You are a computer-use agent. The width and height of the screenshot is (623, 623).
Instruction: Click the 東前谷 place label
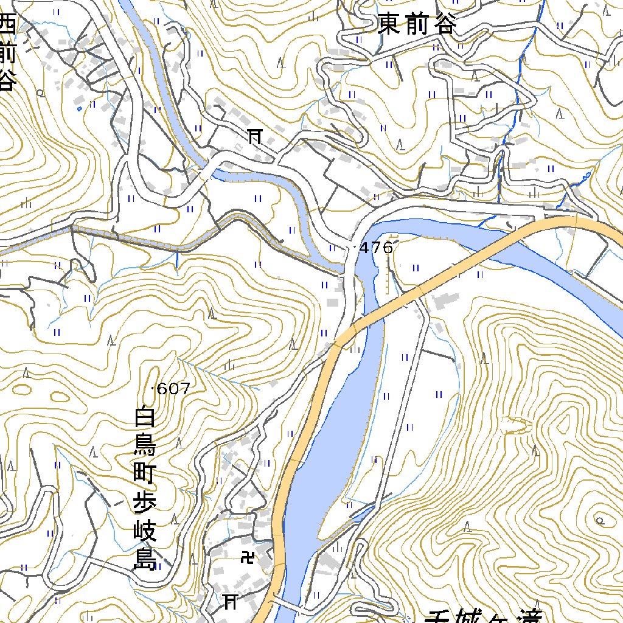coord(417,26)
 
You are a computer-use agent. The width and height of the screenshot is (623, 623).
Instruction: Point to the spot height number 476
coord(377,248)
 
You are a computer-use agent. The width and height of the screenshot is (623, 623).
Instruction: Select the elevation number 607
coord(174,388)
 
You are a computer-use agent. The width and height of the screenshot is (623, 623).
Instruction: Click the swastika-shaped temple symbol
coord(248,556)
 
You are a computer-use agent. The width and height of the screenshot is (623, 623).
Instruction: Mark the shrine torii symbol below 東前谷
coord(254,136)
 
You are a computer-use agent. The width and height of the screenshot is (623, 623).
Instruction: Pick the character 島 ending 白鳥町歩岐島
coord(145,560)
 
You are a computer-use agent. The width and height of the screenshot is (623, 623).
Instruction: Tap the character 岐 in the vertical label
coord(145,532)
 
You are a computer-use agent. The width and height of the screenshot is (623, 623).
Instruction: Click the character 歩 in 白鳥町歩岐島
coord(145,504)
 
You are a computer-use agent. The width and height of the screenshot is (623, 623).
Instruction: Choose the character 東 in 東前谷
coord(389,26)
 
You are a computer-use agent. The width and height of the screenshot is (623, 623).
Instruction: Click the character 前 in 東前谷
coord(417,26)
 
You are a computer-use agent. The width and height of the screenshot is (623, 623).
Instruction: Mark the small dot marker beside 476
coord(355,248)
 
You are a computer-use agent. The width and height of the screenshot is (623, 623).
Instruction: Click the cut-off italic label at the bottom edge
coord(481,616)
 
